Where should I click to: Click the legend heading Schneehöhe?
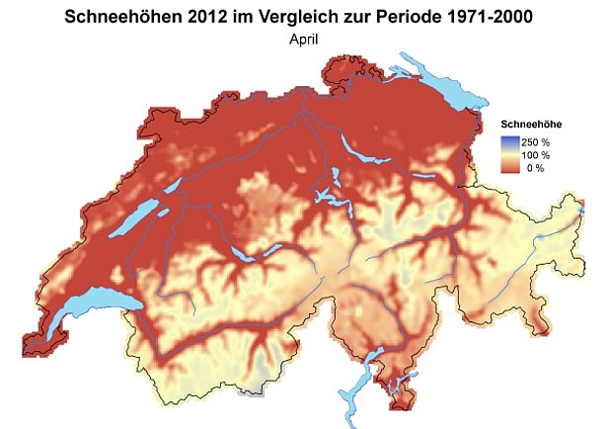532,124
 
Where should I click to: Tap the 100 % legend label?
537,155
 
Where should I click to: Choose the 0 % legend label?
537,169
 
